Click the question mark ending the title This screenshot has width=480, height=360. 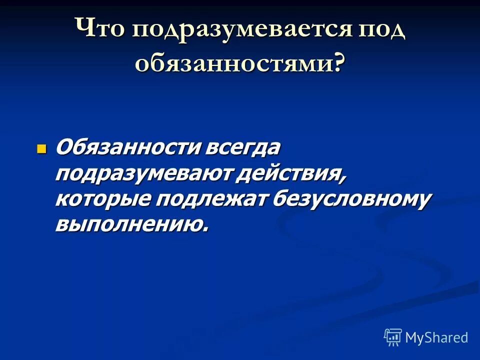coord(339,64)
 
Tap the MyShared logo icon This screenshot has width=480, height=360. coord(393,337)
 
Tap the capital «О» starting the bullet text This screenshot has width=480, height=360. coord(64,148)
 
